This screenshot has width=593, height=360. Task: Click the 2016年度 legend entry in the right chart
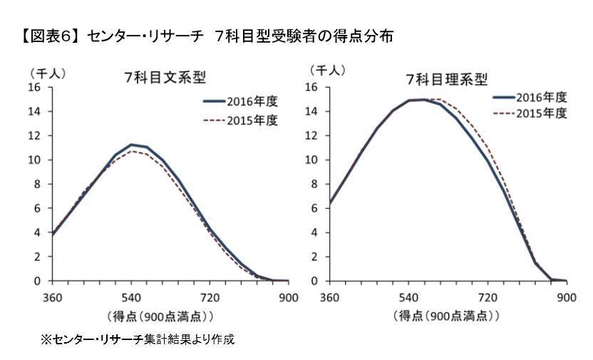tap(541, 97)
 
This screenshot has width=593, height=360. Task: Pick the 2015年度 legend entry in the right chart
tap(541, 113)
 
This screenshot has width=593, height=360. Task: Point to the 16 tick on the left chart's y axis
tap(37, 88)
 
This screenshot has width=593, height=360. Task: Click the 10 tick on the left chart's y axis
tap(37, 160)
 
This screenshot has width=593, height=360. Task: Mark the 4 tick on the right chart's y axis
tap(316, 232)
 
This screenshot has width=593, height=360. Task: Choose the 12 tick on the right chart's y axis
tap(313, 135)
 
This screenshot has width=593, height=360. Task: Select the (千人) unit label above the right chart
tap(326, 70)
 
